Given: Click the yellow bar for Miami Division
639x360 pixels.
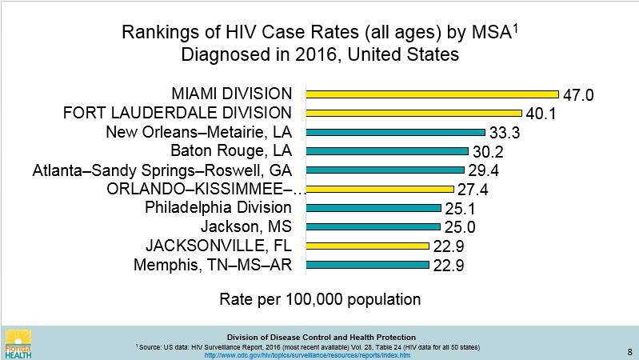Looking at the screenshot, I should point(432,94).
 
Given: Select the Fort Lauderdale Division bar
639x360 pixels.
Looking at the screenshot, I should point(413,113).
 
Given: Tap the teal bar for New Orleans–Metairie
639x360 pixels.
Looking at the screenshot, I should point(395,132).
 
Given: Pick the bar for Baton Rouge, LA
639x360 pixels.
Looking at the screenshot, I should point(387,150).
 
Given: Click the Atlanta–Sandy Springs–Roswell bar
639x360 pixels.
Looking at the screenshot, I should point(385,170).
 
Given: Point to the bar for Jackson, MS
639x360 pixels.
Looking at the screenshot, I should point(373,226).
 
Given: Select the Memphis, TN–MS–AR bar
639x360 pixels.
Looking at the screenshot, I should point(367,264).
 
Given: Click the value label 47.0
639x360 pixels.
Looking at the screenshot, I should point(578,95).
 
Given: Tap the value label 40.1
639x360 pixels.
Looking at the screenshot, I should point(541,114).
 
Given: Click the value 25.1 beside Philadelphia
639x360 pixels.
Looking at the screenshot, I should point(461,210).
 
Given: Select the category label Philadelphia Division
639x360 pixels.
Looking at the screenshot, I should point(218,208).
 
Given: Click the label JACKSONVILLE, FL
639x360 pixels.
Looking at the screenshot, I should point(218,246).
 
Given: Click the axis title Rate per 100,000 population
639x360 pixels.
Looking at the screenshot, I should point(320,300).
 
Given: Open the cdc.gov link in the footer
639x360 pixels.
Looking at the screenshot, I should point(308,355).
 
